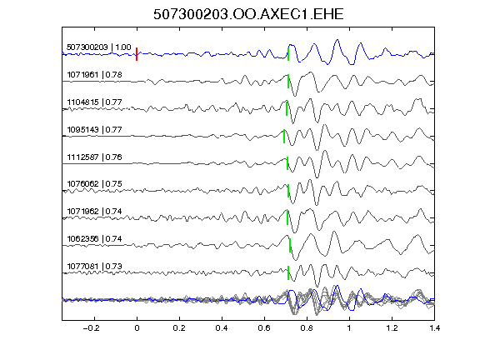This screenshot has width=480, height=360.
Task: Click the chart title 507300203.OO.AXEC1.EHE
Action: pos(248,14)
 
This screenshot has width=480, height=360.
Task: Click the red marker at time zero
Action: pos(137,54)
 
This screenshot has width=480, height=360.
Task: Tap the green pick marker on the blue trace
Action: pos(288,54)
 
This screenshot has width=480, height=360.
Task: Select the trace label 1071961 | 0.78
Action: pos(94,75)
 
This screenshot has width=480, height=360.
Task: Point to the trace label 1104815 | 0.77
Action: pos(94,102)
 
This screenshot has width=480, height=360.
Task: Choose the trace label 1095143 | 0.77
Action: pos(94,129)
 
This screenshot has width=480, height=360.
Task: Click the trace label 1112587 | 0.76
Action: pos(94,157)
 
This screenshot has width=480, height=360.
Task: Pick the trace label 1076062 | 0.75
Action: pos(94,183)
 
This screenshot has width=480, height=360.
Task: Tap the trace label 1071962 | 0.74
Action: pos(94,211)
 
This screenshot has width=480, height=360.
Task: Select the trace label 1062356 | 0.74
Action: pos(94,238)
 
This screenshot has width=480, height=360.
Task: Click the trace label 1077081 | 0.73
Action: pos(94,266)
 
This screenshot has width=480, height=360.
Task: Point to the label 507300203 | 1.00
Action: pos(99,47)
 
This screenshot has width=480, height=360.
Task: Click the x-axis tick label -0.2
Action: pos(92,328)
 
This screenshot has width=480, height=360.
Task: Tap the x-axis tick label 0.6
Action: pos(264,328)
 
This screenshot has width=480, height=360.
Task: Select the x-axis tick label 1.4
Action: pos(434,328)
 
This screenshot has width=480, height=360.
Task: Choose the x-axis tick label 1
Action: pos(349,328)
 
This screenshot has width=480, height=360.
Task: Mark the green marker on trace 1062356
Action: pos(290,246)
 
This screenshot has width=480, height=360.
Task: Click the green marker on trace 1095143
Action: pos(284,136)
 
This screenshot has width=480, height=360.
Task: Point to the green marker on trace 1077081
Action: pos(288,273)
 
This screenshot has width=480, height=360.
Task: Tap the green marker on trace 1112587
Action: pos(287,163)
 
